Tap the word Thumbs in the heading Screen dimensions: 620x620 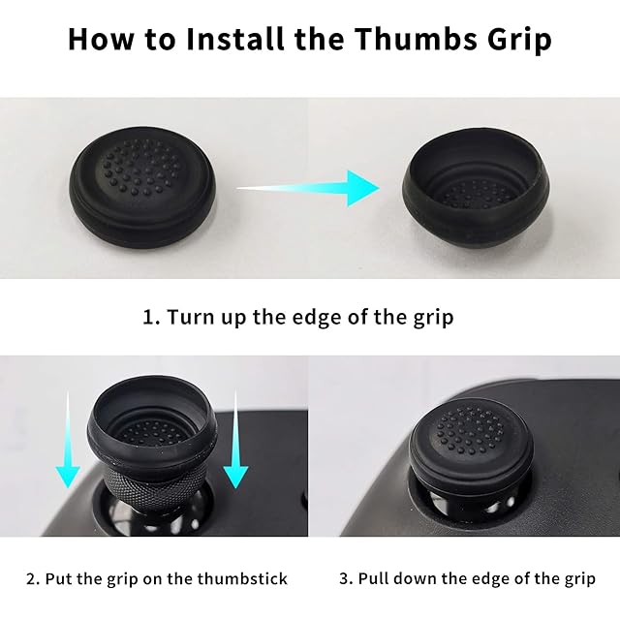tap(416, 39)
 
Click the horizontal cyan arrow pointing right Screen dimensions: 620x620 tap(308, 189)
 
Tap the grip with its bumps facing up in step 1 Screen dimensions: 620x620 tap(142, 187)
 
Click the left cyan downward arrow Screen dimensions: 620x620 tap(68, 440)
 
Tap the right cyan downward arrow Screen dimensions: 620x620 tap(235, 439)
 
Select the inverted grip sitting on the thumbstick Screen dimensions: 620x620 tap(152, 419)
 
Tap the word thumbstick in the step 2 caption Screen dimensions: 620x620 tap(242, 579)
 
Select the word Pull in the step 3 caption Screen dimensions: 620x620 tap(374, 579)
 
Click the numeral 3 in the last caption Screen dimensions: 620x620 tap(345, 579)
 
